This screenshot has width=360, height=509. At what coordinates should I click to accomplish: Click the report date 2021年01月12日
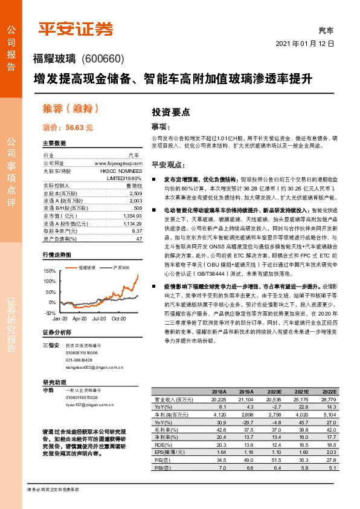tap(305, 44)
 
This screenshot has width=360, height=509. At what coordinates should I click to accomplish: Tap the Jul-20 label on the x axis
tap(99, 318)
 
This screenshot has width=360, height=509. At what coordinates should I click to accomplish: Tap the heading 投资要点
tap(171, 112)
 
